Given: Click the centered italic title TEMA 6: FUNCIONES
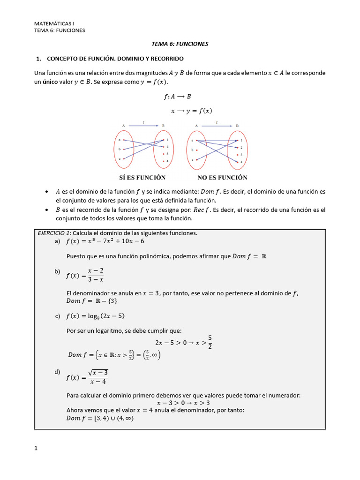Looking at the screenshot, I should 180,44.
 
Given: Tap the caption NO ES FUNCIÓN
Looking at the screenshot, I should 223,178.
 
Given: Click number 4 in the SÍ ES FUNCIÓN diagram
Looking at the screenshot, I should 167,161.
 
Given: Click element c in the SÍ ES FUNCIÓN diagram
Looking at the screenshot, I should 120,159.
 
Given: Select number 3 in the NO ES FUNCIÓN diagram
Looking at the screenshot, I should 241,154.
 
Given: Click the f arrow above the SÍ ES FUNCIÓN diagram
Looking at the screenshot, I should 143,125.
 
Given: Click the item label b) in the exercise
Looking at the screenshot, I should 58,271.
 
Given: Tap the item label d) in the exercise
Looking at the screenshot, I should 58,372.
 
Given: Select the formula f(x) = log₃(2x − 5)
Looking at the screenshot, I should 95,316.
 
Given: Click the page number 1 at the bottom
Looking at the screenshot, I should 36,448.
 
